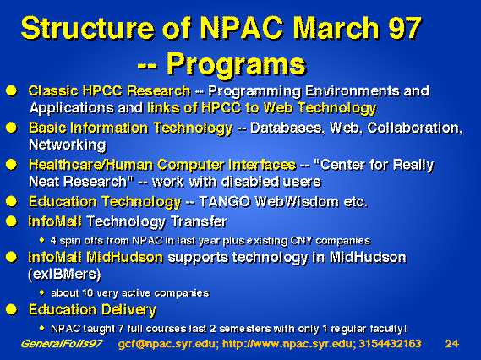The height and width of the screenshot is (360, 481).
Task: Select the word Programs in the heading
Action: coord(237,65)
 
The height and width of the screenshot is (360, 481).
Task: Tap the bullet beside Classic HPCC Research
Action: coord(11,90)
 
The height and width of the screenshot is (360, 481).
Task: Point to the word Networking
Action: coord(68,145)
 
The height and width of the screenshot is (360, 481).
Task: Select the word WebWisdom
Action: coord(297,202)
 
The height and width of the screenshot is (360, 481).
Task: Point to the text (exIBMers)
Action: coord(64,274)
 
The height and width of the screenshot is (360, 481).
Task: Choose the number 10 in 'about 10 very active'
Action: coord(87,293)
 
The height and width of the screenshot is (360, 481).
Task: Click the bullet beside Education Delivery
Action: coord(11,309)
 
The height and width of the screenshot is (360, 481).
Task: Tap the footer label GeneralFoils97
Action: coord(62,344)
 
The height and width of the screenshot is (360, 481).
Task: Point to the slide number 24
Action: coord(452,344)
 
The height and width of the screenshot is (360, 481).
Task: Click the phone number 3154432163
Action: coord(390,344)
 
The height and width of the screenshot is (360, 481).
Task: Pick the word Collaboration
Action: coord(415,128)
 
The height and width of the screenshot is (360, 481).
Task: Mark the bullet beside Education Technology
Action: coord(11,201)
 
